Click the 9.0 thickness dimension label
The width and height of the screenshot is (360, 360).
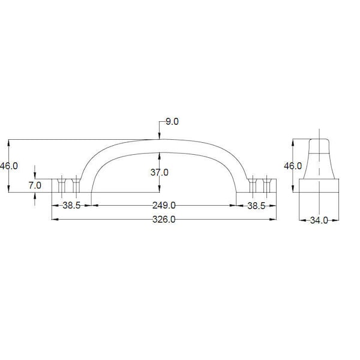point(172,122)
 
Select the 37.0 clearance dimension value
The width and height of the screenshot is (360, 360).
point(160,172)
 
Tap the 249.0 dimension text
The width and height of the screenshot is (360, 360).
point(164,205)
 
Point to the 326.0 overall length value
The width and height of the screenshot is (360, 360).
point(164,220)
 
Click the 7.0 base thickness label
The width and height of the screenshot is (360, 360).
point(35,185)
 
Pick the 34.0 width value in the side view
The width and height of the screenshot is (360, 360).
point(319,221)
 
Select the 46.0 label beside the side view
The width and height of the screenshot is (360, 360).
point(293,166)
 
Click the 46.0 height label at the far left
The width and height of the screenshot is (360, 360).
point(9,166)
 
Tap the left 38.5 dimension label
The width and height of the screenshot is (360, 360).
point(71,205)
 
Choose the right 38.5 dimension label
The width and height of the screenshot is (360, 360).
point(256,206)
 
